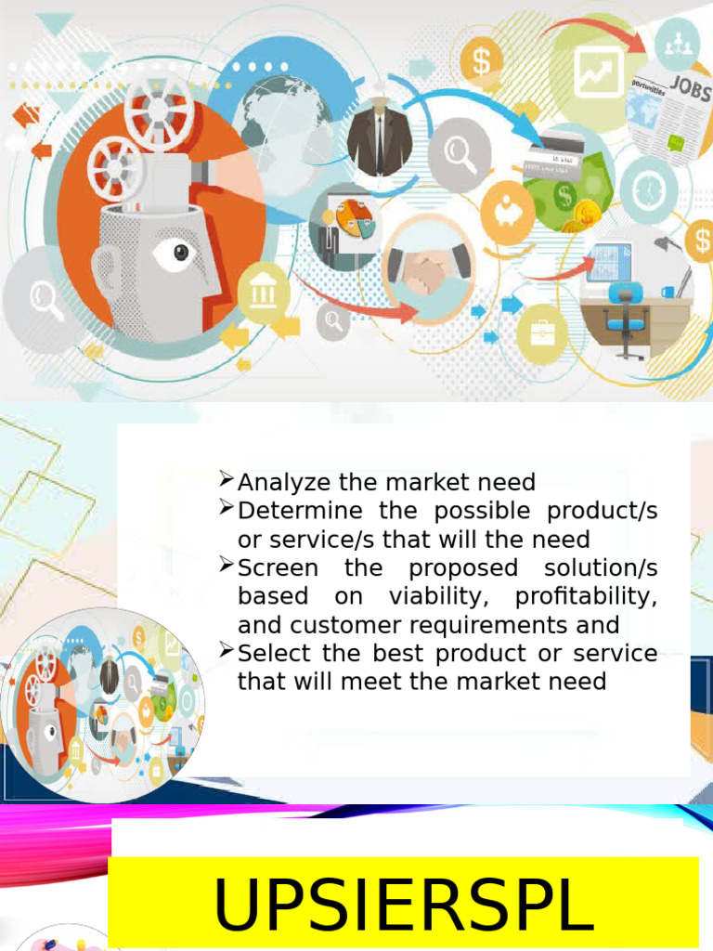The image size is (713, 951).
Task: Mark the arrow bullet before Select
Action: pyautogui.click(x=227, y=651)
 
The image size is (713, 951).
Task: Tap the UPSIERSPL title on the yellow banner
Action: pyautogui.click(x=403, y=904)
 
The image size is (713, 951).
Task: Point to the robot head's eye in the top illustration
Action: pyautogui.click(x=179, y=252)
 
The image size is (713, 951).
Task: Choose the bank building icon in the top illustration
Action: pyautogui.click(x=264, y=293)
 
